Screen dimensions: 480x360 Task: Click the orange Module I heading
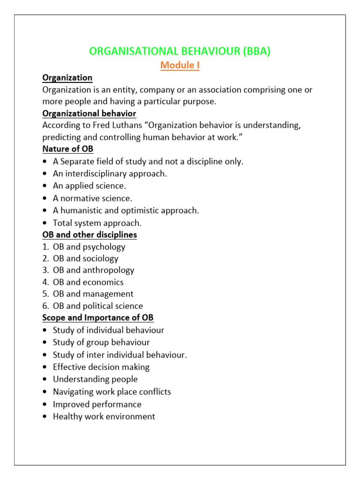click(180, 65)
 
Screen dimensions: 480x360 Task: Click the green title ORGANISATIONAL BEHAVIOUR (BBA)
click(180, 52)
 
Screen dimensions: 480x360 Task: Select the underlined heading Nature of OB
click(68, 149)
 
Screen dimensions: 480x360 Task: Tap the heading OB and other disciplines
click(90, 234)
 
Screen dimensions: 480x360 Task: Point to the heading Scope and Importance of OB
click(98, 318)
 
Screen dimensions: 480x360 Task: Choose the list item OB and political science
click(98, 306)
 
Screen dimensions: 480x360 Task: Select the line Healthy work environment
click(104, 416)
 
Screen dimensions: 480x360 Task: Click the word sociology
click(101, 258)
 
